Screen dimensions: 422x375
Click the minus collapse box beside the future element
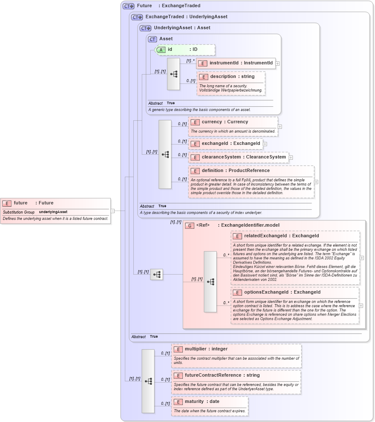coord(113,211)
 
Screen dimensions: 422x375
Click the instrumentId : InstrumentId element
coord(236,63)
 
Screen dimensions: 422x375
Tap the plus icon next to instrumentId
coord(278,64)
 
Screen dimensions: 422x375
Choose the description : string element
coord(232,77)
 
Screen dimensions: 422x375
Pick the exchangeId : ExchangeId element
coord(226,144)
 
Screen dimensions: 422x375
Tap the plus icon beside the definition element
coord(316,182)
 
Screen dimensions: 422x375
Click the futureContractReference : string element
coord(222,375)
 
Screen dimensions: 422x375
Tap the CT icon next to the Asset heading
coord(152,39)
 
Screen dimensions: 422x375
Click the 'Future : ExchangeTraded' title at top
coord(168,6)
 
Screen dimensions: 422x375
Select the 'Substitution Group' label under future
coord(19,212)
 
